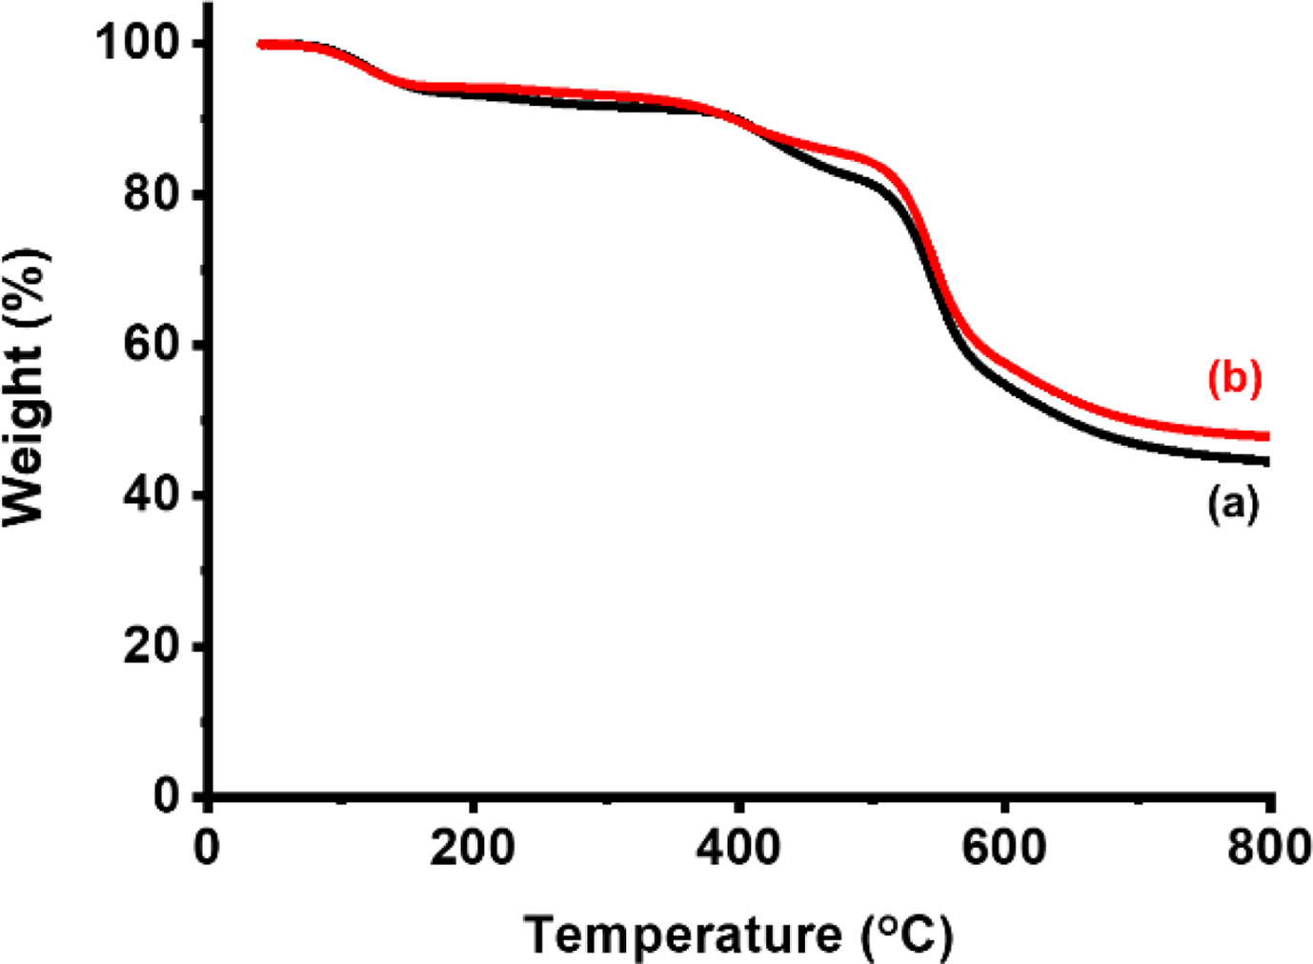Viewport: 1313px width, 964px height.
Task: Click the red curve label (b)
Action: pos(1234,378)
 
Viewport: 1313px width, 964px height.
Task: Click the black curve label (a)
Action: pos(1233,502)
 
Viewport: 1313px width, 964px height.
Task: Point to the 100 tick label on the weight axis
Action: pos(139,44)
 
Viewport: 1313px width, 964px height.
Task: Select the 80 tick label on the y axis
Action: pos(151,194)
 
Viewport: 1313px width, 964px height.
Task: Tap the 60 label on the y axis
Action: pos(151,345)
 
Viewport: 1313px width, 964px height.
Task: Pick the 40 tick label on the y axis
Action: pos(151,495)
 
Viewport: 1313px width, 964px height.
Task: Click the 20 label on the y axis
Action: pos(151,646)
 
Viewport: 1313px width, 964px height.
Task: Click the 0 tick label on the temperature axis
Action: pos(207,847)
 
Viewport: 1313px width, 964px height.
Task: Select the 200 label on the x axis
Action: pos(472,847)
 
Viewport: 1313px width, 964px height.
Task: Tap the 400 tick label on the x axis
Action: pos(737,847)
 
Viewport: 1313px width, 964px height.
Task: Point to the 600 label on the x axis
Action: pos(1003,847)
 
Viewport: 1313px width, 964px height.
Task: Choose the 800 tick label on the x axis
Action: pos(1268,847)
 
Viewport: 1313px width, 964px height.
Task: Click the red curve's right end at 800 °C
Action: pos(1267,436)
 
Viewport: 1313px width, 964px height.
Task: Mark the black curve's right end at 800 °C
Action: pos(1267,462)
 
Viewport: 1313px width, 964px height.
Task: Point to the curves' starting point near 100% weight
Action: pos(262,44)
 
